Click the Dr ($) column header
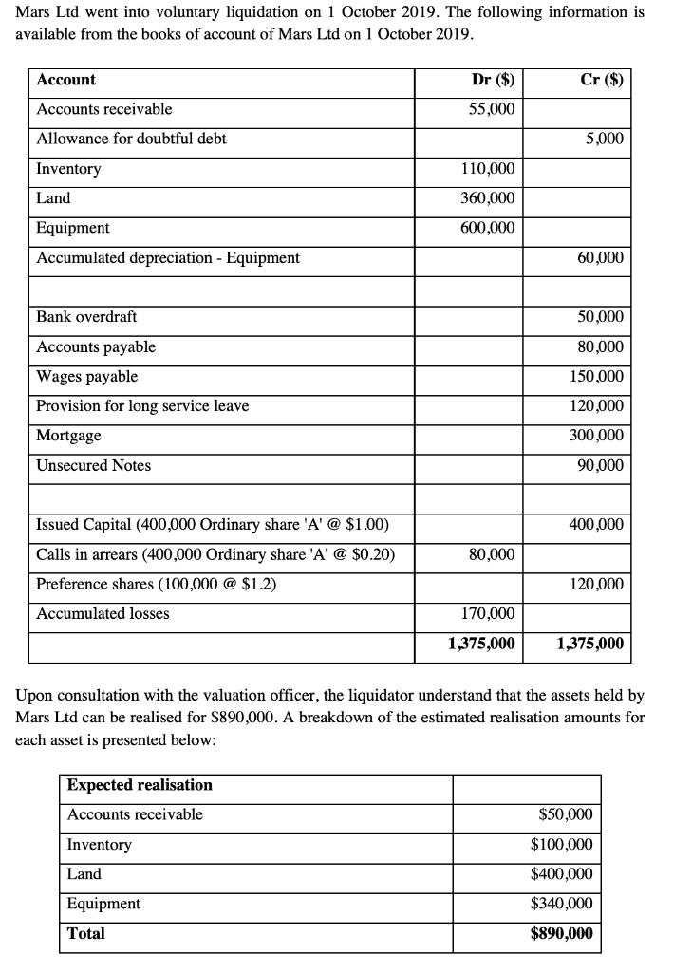[493, 80]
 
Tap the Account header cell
[65, 80]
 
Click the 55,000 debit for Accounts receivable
[493, 109]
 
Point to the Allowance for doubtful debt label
[131, 139]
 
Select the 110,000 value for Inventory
[488, 169]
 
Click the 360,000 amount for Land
[488, 198]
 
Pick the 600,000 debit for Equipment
[488, 228]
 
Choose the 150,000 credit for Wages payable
[596, 377]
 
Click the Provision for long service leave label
[142, 406]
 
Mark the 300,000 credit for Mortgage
[596, 436]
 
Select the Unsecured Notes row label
[93, 465]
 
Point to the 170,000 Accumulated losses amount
[488, 613]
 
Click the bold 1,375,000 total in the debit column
[481, 644]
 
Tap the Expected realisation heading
[140, 785]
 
